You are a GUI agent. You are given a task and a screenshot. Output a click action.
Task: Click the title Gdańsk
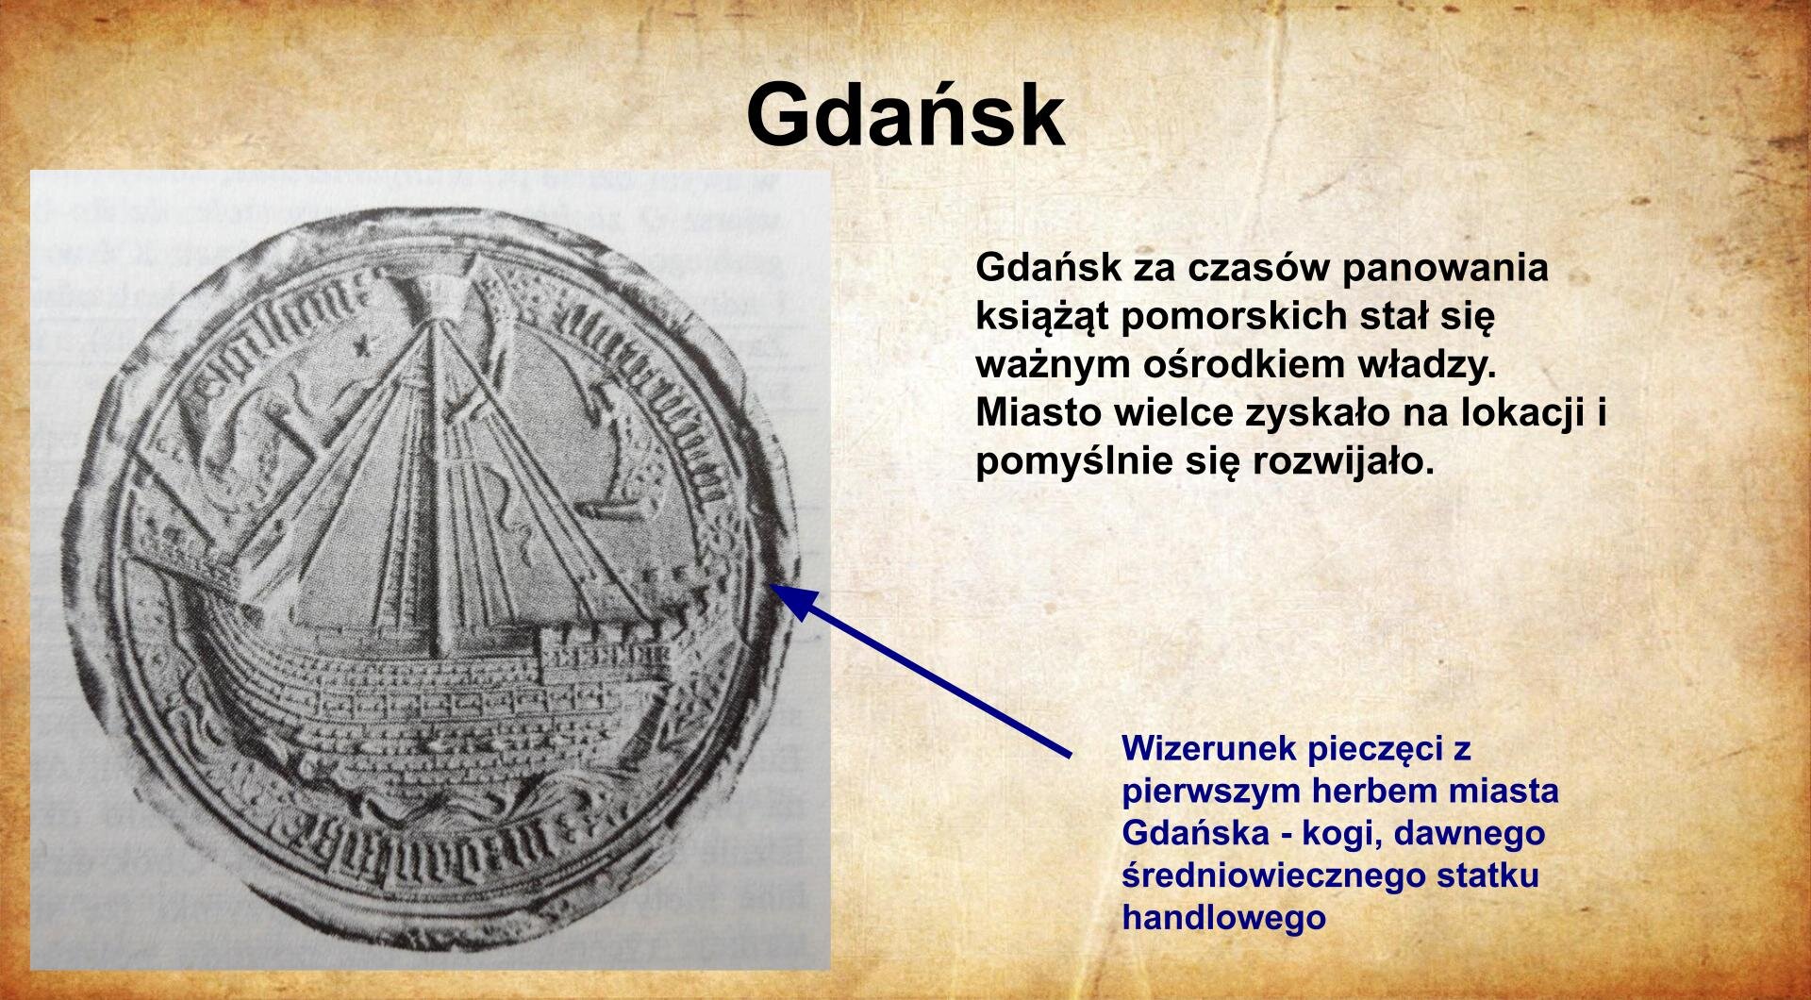coord(905,115)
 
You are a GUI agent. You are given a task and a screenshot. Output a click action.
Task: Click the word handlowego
coord(1223,917)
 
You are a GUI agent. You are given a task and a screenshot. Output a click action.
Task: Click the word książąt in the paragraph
coord(1042,316)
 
